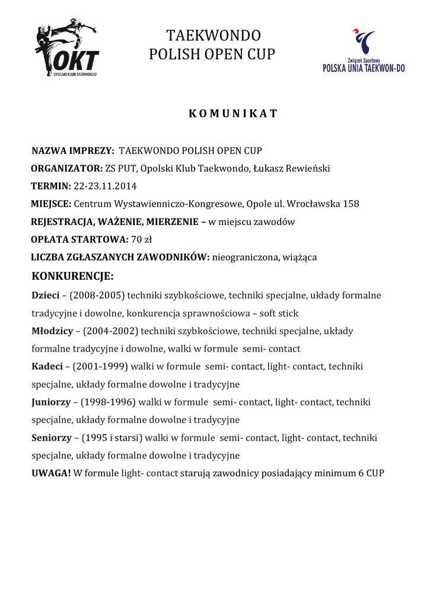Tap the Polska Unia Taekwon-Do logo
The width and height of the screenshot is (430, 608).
[364, 51]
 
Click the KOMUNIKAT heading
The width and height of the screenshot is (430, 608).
[232, 114]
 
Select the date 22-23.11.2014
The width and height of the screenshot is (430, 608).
[105, 186]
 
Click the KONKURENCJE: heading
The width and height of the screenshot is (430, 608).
[72, 276]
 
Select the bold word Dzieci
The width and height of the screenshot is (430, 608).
[48, 295]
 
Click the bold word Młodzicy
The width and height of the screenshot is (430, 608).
[52, 331]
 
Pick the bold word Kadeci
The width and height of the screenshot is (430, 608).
[47, 366]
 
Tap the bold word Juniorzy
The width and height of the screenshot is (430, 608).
[51, 402]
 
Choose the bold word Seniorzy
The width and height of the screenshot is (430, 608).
[51, 438]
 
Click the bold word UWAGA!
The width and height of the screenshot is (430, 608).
[51, 473]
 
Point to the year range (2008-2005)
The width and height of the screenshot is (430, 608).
[97, 295]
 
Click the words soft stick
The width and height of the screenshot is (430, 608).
[279, 313]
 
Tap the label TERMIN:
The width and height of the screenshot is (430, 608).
[50, 186]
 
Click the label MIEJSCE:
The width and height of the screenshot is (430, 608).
[51, 204]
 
